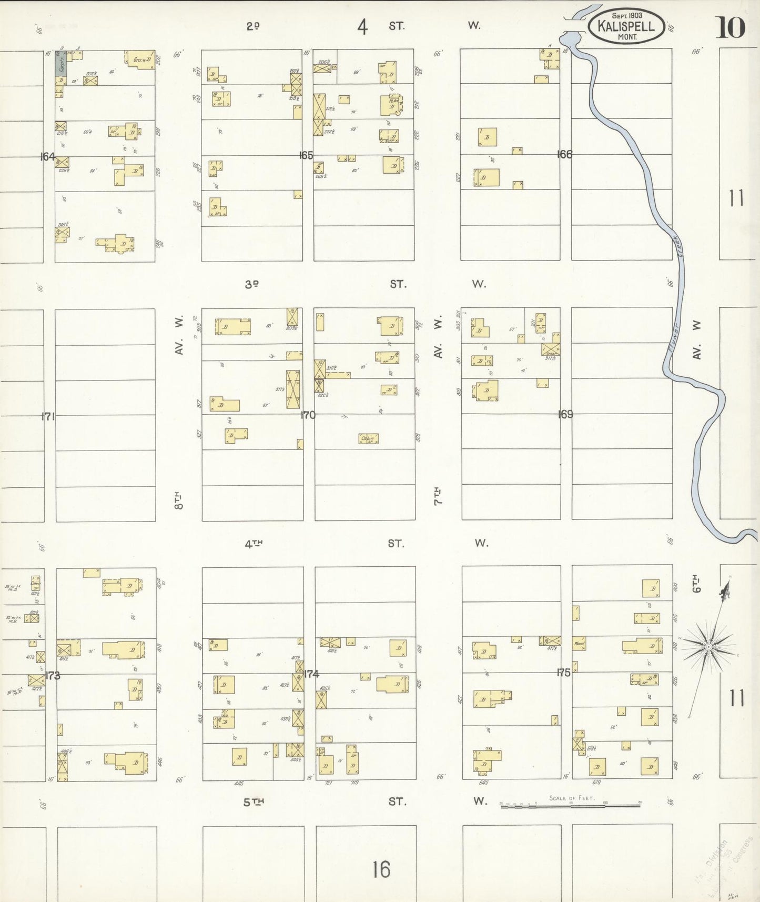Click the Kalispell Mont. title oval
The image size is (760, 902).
pos(626,26)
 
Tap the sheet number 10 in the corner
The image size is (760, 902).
pos(729,27)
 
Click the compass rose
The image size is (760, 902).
pos(708,646)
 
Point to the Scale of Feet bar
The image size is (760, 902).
pos(570,805)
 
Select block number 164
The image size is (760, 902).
pos(47,156)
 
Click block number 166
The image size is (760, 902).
pos(565,154)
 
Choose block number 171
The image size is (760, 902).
pos(48,416)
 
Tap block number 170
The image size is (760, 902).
pos(308,415)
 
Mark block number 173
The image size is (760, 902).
pos(53,675)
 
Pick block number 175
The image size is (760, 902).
pos(564,672)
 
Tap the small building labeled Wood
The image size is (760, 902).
pos(579,643)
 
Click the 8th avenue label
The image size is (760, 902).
pos(179,499)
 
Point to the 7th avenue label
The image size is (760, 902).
pos(438,496)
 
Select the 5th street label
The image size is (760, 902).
pos(253,801)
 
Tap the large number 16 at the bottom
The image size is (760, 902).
pos(381,869)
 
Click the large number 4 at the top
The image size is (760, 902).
pos(362,27)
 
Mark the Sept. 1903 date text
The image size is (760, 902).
pos(626,16)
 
